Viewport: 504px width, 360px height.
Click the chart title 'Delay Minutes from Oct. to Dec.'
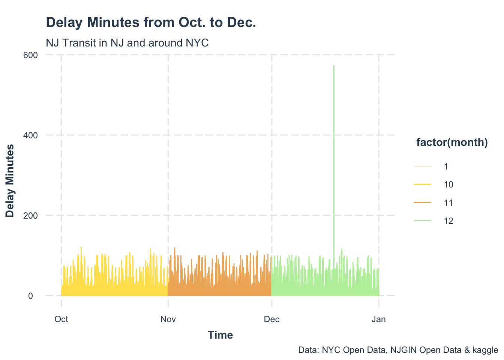coord(151,23)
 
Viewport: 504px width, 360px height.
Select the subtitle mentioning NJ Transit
coord(127,43)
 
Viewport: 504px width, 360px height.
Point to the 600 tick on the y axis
coord(31,55)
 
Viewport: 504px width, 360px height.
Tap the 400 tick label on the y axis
coord(31,135)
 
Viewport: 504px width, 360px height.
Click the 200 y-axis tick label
coord(31,216)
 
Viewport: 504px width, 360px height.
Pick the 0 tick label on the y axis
coord(31,296)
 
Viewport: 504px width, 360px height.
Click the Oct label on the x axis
coord(61,319)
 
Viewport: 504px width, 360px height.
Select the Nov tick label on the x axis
coord(168,319)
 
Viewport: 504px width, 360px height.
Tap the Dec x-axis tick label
coord(271,319)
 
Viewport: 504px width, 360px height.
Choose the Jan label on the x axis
coord(379,319)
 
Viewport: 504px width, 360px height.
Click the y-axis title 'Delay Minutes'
coord(10,181)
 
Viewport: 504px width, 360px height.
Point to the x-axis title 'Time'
coord(220,335)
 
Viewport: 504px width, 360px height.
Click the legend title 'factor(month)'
coord(452,142)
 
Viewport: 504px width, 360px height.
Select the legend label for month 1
coord(446,166)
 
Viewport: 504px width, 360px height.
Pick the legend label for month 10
coord(448,184)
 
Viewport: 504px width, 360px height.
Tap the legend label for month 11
coord(448,203)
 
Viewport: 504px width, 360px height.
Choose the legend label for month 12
coord(448,221)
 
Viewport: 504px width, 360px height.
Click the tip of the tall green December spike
coord(334,66)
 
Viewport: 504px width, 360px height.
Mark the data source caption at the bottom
coord(398,350)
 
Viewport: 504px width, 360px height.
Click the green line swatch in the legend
coord(422,221)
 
